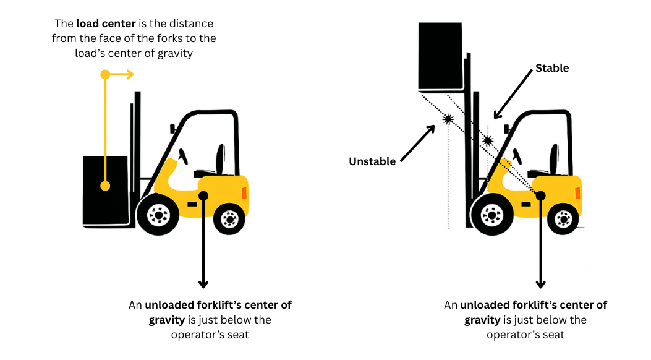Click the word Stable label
coord(551,68)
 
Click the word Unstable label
coord(372,161)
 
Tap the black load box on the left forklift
coord(105,189)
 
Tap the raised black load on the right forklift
coord(440,56)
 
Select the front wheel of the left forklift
coord(158,214)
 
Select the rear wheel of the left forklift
coord(230,218)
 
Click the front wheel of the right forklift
coord(491,214)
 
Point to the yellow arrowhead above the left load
coord(129,74)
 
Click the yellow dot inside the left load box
coord(105,186)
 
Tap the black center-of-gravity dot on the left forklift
coord(203,195)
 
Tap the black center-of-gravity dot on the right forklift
coord(540,195)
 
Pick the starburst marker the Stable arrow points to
coord(488,141)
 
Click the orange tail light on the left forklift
coord(244,192)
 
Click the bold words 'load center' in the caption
coord(106,24)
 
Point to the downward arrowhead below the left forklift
coord(203,284)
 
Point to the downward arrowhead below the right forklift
coord(540,284)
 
